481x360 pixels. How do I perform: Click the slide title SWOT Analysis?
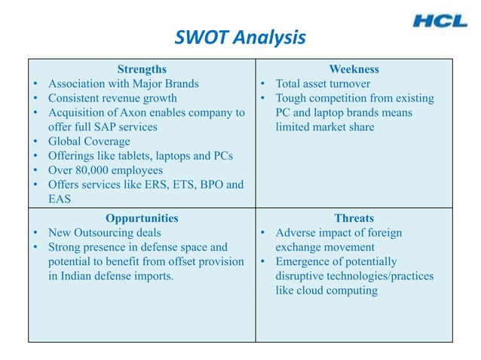coord(240,37)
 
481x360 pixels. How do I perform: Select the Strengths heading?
coord(142,69)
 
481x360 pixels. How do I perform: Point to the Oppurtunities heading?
coord(142,218)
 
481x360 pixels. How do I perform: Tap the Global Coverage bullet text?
coord(89,142)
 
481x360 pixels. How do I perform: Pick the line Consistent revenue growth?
coord(112,98)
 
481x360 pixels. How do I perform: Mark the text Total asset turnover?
coord(323,84)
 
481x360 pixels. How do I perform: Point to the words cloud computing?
coord(339,290)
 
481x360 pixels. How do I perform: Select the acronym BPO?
coord(204,185)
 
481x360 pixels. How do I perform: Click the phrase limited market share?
coord(324,127)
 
